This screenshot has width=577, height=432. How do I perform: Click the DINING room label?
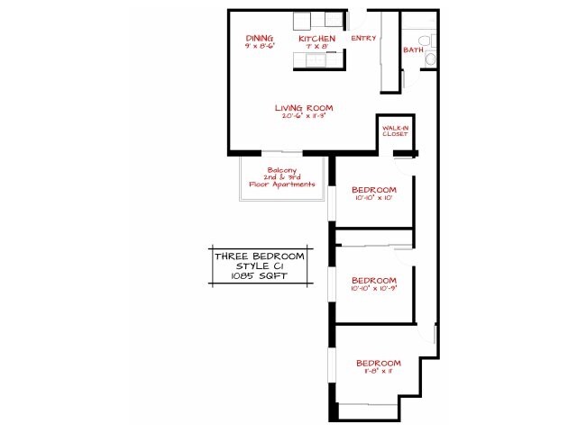point(259,39)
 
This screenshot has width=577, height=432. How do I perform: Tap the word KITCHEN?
point(316,40)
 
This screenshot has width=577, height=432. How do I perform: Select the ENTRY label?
point(363,39)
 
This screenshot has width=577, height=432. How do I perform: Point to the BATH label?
point(413,50)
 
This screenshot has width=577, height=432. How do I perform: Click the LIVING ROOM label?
point(303,108)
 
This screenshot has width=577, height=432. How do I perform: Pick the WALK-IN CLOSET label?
point(395,131)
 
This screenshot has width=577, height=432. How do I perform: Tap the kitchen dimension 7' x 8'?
point(316,47)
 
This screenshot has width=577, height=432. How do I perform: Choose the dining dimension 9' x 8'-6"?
point(259,46)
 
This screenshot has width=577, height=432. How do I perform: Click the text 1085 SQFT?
point(259,277)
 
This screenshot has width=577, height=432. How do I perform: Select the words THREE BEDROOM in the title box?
point(259,256)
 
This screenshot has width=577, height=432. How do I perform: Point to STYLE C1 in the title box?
point(259,267)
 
